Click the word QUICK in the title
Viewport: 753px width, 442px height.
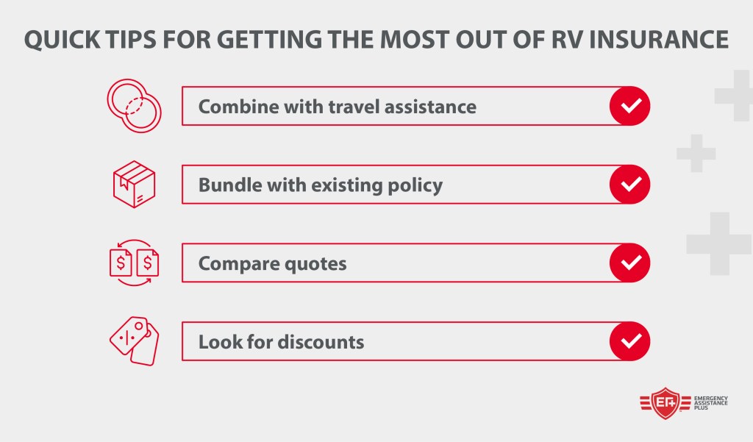click(x=63, y=40)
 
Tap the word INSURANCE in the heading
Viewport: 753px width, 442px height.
click(x=658, y=40)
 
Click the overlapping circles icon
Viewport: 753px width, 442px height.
click(x=134, y=106)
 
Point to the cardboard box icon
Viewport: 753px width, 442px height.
click(x=134, y=184)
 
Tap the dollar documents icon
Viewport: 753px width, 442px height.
click(x=134, y=263)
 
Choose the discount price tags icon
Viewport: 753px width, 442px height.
click(x=134, y=341)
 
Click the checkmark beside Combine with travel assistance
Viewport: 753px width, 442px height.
click(x=629, y=106)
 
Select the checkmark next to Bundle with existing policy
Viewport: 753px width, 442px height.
click(x=629, y=184)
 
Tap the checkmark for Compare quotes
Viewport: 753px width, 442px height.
click(x=629, y=263)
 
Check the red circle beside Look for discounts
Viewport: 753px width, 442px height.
click(x=629, y=341)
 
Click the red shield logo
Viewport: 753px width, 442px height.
click(x=665, y=403)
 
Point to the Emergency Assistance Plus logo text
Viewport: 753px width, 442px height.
click(x=711, y=403)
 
